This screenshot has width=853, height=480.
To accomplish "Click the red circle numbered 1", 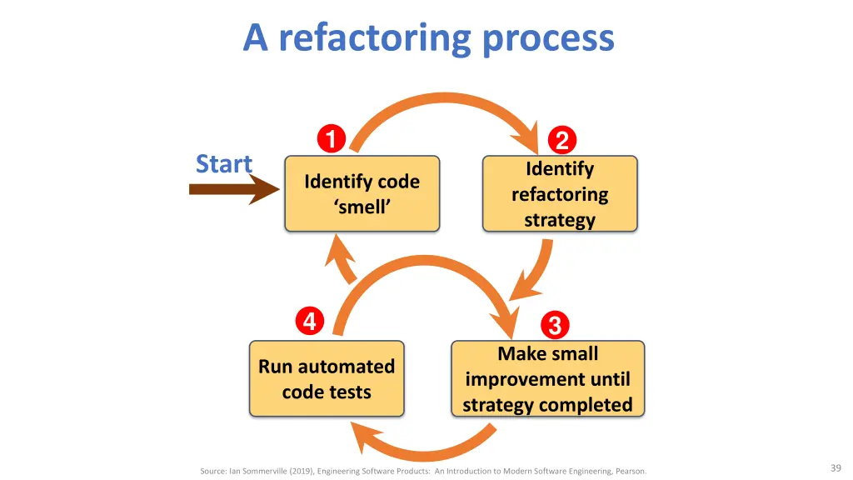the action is pos(332,138).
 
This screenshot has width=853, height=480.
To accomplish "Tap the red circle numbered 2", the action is pos(562,140).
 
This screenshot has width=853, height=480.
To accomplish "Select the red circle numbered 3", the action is pos(555,326).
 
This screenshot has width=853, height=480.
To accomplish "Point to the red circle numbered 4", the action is pos(310,321).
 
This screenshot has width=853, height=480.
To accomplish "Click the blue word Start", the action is pos(223,164).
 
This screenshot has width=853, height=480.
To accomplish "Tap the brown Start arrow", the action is pos(234,189).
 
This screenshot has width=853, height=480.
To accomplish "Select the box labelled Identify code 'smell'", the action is pos(362,193).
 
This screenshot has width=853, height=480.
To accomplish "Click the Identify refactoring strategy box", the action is pos(560,193).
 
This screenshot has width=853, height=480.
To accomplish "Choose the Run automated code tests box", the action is pos(327,379).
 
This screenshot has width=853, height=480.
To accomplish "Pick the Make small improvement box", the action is pos(548,379).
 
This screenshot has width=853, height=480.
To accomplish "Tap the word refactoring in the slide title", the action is pos(375,38).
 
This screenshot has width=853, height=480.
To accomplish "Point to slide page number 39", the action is pos(836,468).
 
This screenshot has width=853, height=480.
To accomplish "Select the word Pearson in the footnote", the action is pos(631,472).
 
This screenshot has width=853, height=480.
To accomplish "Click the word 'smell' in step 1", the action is pos(362,207).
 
